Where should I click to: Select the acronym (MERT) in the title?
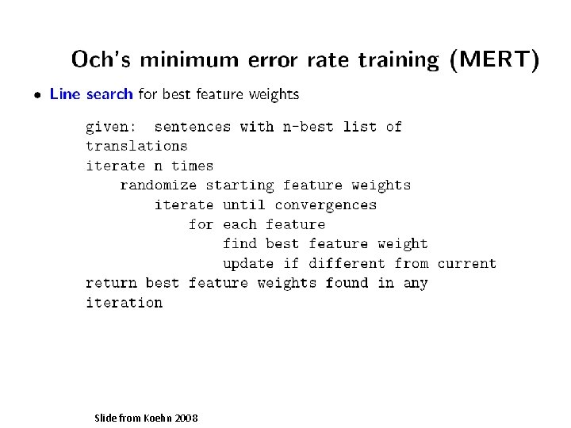(x=494, y=59)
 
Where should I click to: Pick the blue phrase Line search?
(x=91, y=94)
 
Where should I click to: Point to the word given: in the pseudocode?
(x=111, y=127)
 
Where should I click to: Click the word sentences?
(x=193, y=127)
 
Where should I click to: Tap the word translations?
(x=136, y=146)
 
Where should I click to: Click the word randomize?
(x=158, y=185)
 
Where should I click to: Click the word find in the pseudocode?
(x=240, y=244)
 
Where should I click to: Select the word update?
(x=248, y=263)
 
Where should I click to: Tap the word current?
(x=466, y=263)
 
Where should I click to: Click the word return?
(x=111, y=283)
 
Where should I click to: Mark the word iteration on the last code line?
(x=124, y=303)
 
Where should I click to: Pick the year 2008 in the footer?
(x=185, y=418)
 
